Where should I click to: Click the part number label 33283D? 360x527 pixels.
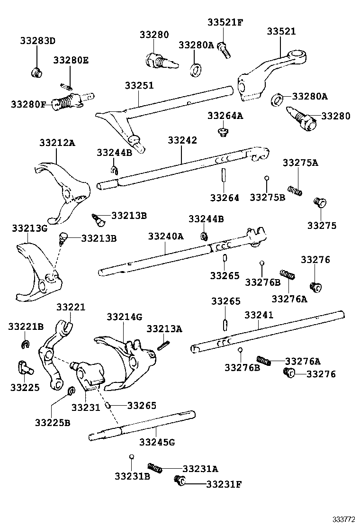point(37,41)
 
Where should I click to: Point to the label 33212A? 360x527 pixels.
point(57,142)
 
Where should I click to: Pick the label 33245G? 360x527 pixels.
point(157,442)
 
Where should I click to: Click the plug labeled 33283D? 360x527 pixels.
point(36,73)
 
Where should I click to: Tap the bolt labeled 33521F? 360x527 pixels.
point(225,49)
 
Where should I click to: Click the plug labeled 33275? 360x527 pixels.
point(320,203)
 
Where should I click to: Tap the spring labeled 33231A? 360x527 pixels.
point(155,467)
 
